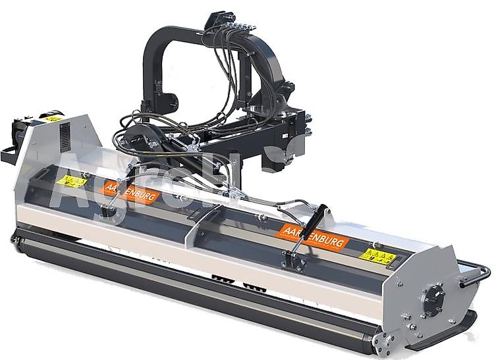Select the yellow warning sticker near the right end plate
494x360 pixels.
[x=378, y=255]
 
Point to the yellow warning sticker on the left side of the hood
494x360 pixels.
[x=71, y=180]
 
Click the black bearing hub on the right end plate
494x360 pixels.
[x=433, y=300]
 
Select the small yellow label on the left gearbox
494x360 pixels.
[x=53, y=119]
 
